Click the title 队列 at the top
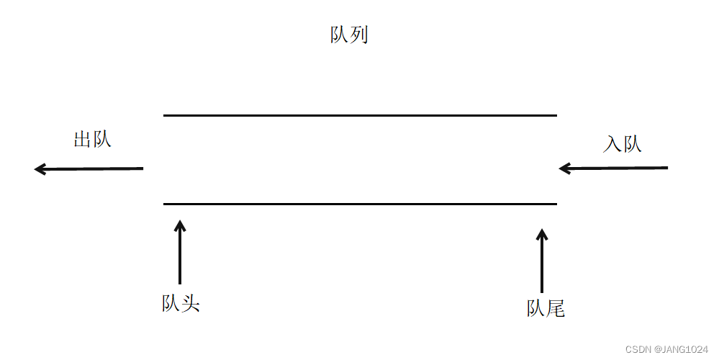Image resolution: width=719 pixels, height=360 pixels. (349, 35)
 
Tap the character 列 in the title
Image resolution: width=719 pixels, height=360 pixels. (359, 35)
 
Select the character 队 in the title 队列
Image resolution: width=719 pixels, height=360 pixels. (340, 35)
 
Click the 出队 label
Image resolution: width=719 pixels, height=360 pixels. (92, 139)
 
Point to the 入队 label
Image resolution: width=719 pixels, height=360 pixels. (622, 144)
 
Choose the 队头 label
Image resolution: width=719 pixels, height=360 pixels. (180, 304)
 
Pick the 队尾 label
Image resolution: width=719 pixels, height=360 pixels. (546, 309)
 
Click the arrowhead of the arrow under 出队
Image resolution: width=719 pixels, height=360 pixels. (40, 169)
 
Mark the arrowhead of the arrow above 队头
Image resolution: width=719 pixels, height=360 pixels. (180, 225)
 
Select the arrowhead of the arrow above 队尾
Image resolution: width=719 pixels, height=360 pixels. (542, 235)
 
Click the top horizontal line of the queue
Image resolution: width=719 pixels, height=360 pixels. (360, 115)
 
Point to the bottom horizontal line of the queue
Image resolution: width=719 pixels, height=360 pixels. (360, 204)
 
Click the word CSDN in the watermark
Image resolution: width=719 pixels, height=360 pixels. (638, 349)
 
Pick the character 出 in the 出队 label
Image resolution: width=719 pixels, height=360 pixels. (83, 139)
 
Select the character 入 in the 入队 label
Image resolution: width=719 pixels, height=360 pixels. (612, 144)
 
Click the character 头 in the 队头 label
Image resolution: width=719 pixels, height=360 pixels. (190, 304)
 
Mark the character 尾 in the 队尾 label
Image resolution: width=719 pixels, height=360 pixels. (556, 309)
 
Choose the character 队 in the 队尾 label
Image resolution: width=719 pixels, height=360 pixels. (536, 309)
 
